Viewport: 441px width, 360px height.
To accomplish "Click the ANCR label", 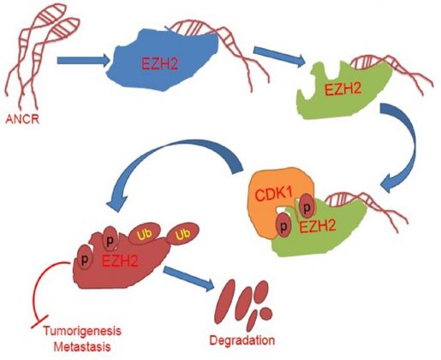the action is click(x=22, y=119).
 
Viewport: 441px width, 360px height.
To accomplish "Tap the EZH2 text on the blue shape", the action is click(x=160, y=63).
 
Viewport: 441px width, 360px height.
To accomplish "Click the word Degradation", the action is click(x=242, y=340).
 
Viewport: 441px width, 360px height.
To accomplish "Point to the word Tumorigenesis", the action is click(x=82, y=332).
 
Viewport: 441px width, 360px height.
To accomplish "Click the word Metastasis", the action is click(x=82, y=347).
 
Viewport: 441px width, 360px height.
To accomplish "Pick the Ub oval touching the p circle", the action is click(x=144, y=235).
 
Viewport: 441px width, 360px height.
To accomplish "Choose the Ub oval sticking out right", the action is click(x=182, y=234).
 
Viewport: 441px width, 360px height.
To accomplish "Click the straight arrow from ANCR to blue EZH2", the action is click(x=84, y=61).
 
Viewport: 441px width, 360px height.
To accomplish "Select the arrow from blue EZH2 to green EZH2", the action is click(x=279, y=56).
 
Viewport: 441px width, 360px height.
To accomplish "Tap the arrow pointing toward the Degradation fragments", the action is click(x=188, y=278).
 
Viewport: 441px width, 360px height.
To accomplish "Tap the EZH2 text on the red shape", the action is click(x=120, y=261).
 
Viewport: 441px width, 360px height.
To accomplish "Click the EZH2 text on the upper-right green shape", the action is click(x=343, y=89).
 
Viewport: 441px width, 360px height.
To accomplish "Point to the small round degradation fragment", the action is click(x=266, y=312).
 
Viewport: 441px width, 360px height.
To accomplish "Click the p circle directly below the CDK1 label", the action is click(x=283, y=227).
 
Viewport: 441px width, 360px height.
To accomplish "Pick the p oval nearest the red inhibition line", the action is click(x=85, y=258).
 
